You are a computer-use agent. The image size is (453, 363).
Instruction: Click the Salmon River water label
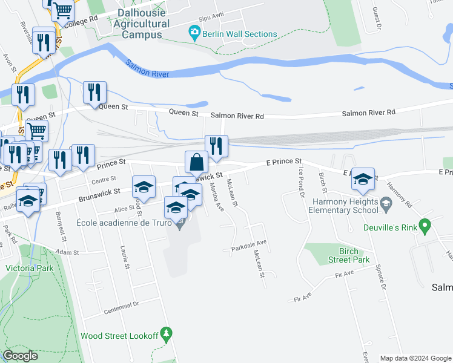tap(147, 68)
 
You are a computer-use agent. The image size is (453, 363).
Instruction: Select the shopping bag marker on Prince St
tap(196, 163)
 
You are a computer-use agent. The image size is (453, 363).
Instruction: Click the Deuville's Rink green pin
tap(425, 227)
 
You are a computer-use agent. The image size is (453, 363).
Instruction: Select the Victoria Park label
tap(29, 268)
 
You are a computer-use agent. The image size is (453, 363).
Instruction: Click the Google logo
tap(21, 356)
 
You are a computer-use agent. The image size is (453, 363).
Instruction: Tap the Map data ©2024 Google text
tap(415, 358)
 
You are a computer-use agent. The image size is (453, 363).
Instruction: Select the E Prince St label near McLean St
tap(283, 162)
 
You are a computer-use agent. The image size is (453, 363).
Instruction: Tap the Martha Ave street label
tap(217, 198)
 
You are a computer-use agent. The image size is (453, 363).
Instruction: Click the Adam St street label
tap(68, 252)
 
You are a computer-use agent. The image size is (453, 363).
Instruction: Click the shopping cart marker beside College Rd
tap(63, 10)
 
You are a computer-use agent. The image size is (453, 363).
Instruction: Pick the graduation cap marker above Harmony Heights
tap(363, 179)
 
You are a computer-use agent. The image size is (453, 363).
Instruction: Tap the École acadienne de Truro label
tap(125, 223)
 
